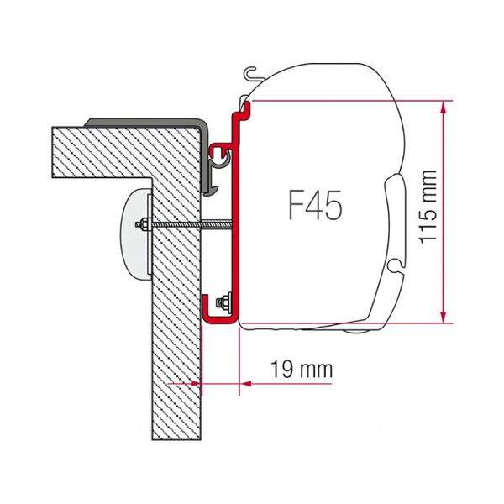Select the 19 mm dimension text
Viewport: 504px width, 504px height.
[302, 369]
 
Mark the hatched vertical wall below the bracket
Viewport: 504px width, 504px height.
[176, 378]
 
